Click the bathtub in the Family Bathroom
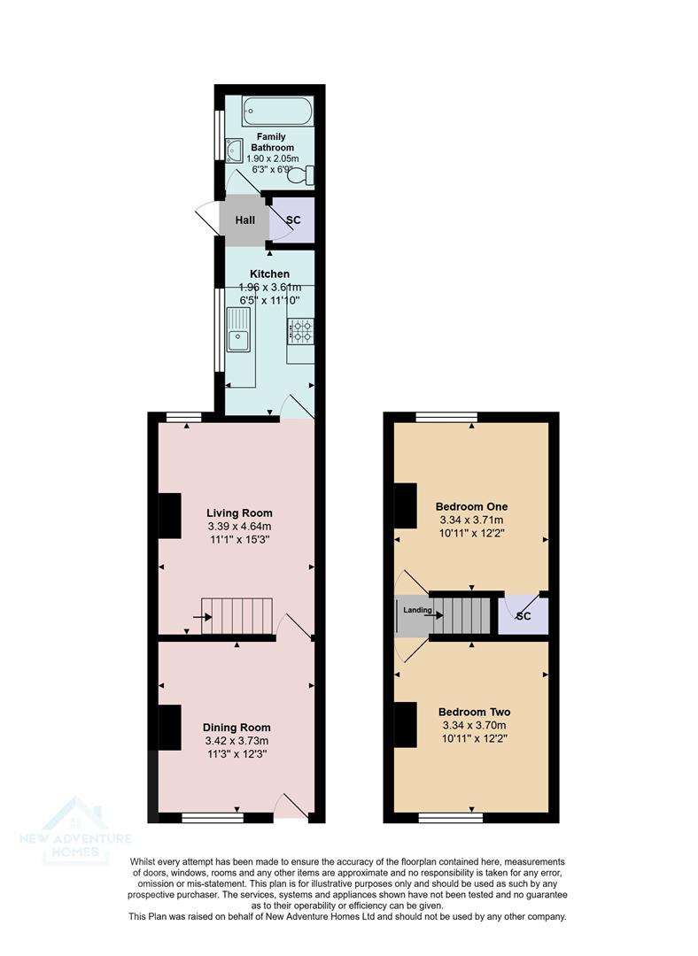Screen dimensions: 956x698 pos(277,112)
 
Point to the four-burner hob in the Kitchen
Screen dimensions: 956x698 pos(299,331)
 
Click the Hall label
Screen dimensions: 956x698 pos(244,220)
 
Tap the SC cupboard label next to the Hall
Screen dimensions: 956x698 pos(293,220)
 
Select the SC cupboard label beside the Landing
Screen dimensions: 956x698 pos(523,616)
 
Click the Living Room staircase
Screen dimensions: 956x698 pos(237,616)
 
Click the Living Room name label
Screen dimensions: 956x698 pos(239,513)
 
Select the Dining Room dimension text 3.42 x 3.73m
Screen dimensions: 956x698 pos(236,741)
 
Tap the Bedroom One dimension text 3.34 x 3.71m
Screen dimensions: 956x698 pos(471,520)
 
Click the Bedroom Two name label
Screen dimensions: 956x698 pos(474,712)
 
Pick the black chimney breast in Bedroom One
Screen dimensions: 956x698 pos(406,507)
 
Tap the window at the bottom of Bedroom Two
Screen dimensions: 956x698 pos(450,818)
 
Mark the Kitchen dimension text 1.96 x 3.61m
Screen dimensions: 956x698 pos(270,288)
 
